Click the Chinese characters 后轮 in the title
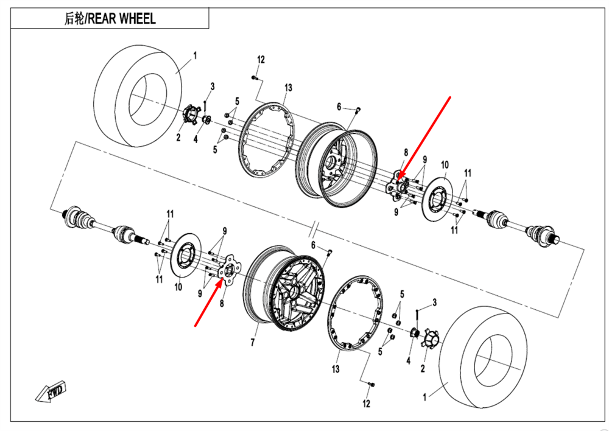pyautogui.click(x=74, y=18)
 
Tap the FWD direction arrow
pyautogui.click(x=51, y=393)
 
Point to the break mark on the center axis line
pyautogui.click(x=312, y=230)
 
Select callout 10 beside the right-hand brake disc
pyautogui.click(x=445, y=164)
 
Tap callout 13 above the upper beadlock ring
pyautogui.click(x=288, y=88)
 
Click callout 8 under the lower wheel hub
pyautogui.click(x=222, y=302)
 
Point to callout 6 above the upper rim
pyautogui.click(x=339, y=107)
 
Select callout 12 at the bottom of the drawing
pyautogui.click(x=366, y=404)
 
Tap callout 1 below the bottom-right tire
pyautogui.click(x=424, y=397)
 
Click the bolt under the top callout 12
pyautogui.click(x=255, y=77)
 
